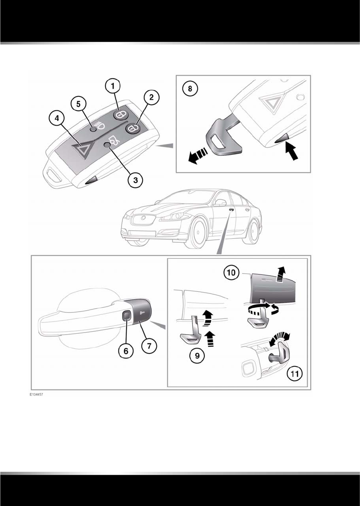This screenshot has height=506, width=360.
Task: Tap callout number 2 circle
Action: click(x=151, y=97)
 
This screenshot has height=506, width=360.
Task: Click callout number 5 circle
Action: click(x=78, y=103)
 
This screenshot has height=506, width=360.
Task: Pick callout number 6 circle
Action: click(x=126, y=351)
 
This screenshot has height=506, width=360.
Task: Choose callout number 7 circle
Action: click(x=149, y=346)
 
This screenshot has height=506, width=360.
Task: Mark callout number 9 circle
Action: click(x=198, y=355)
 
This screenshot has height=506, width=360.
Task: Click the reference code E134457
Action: click(x=36, y=394)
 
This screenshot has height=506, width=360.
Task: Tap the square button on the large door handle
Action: click(x=126, y=316)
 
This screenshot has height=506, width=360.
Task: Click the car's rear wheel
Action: click(x=253, y=233)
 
